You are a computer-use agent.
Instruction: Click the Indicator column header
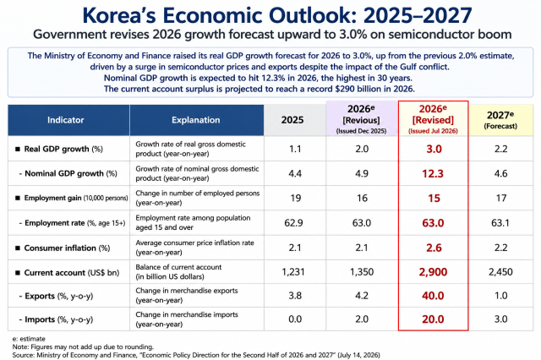[66, 120]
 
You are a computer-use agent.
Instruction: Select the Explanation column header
[195, 120]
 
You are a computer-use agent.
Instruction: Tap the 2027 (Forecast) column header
[500, 120]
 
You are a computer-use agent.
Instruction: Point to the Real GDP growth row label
[63, 149]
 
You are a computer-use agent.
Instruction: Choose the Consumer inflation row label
[67, 248]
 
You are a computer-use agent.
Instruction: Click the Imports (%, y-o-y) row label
[59, 319]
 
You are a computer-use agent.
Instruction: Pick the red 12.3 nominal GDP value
[433, 173]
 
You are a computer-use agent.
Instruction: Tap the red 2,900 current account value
[433, 272]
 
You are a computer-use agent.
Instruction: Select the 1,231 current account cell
[293, 272]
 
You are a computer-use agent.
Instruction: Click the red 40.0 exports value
[433, 296]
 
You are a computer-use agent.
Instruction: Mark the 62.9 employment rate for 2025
[293, 223]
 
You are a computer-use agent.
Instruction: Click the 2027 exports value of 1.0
[500, 296]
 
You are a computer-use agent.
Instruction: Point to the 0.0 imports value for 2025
[295, 319]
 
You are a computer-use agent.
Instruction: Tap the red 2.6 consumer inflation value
[434, 248]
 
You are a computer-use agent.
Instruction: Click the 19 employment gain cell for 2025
[296, 198]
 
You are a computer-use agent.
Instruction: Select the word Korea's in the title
[119, 15]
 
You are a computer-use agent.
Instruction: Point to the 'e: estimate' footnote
[29, 339]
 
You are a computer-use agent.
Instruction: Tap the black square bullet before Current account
[18, 272]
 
